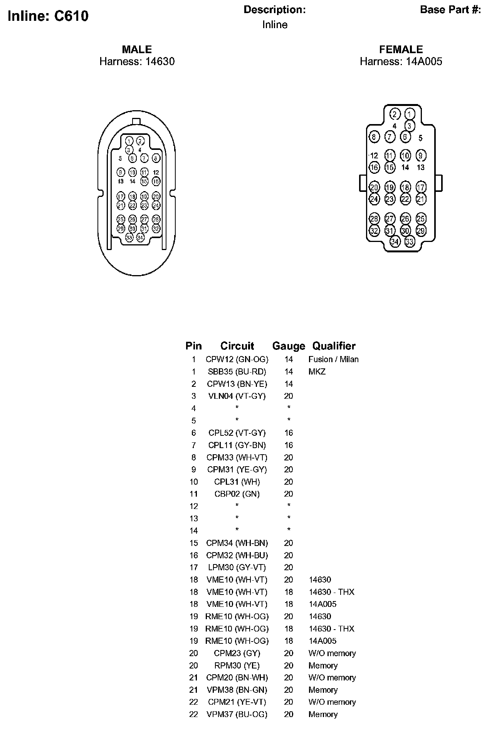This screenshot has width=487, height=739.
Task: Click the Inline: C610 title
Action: [48, 16]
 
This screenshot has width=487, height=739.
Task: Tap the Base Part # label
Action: [450, 10]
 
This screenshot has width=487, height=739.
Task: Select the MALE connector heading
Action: [137, 49]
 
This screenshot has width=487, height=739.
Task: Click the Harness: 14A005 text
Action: [401, 62]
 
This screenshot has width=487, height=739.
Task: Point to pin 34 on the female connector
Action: [395, 242]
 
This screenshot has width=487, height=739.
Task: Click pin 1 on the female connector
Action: [410, 114]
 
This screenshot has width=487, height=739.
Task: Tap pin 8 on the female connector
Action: [374, 136]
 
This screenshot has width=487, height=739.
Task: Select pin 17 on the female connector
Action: [421, 187]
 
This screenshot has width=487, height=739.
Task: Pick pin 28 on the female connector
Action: [374, 218]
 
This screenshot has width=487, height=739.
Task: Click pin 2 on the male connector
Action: [141, 141]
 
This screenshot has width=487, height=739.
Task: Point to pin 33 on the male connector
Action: [129, 238]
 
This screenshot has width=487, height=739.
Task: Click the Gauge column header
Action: [288, 346]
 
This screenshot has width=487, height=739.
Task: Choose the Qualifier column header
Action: [334, 346]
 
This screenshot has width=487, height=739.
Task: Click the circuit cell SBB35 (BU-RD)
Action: [237, 372]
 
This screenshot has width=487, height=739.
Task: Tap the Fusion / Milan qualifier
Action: [333, 359]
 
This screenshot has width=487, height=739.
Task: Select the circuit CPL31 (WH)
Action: [237, 482]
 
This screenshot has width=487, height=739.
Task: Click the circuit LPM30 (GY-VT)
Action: [237, 568]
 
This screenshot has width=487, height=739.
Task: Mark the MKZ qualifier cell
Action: [317, 372]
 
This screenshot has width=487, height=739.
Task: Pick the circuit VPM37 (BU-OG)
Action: [237, 714]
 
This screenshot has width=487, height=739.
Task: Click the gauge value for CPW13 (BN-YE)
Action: [289, 384]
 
